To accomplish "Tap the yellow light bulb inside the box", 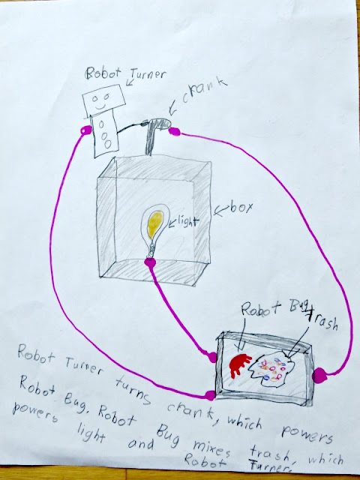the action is point(155,225).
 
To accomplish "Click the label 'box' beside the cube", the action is point(241,208).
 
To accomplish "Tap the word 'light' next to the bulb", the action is point(187,222).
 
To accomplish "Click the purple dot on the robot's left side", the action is point(85,130).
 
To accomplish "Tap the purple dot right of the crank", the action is point(174,131).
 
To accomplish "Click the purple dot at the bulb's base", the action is point(150,262).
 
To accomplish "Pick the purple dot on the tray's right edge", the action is point(319,375).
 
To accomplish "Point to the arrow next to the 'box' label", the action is point(221,210).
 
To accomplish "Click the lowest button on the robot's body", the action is point(107,144).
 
